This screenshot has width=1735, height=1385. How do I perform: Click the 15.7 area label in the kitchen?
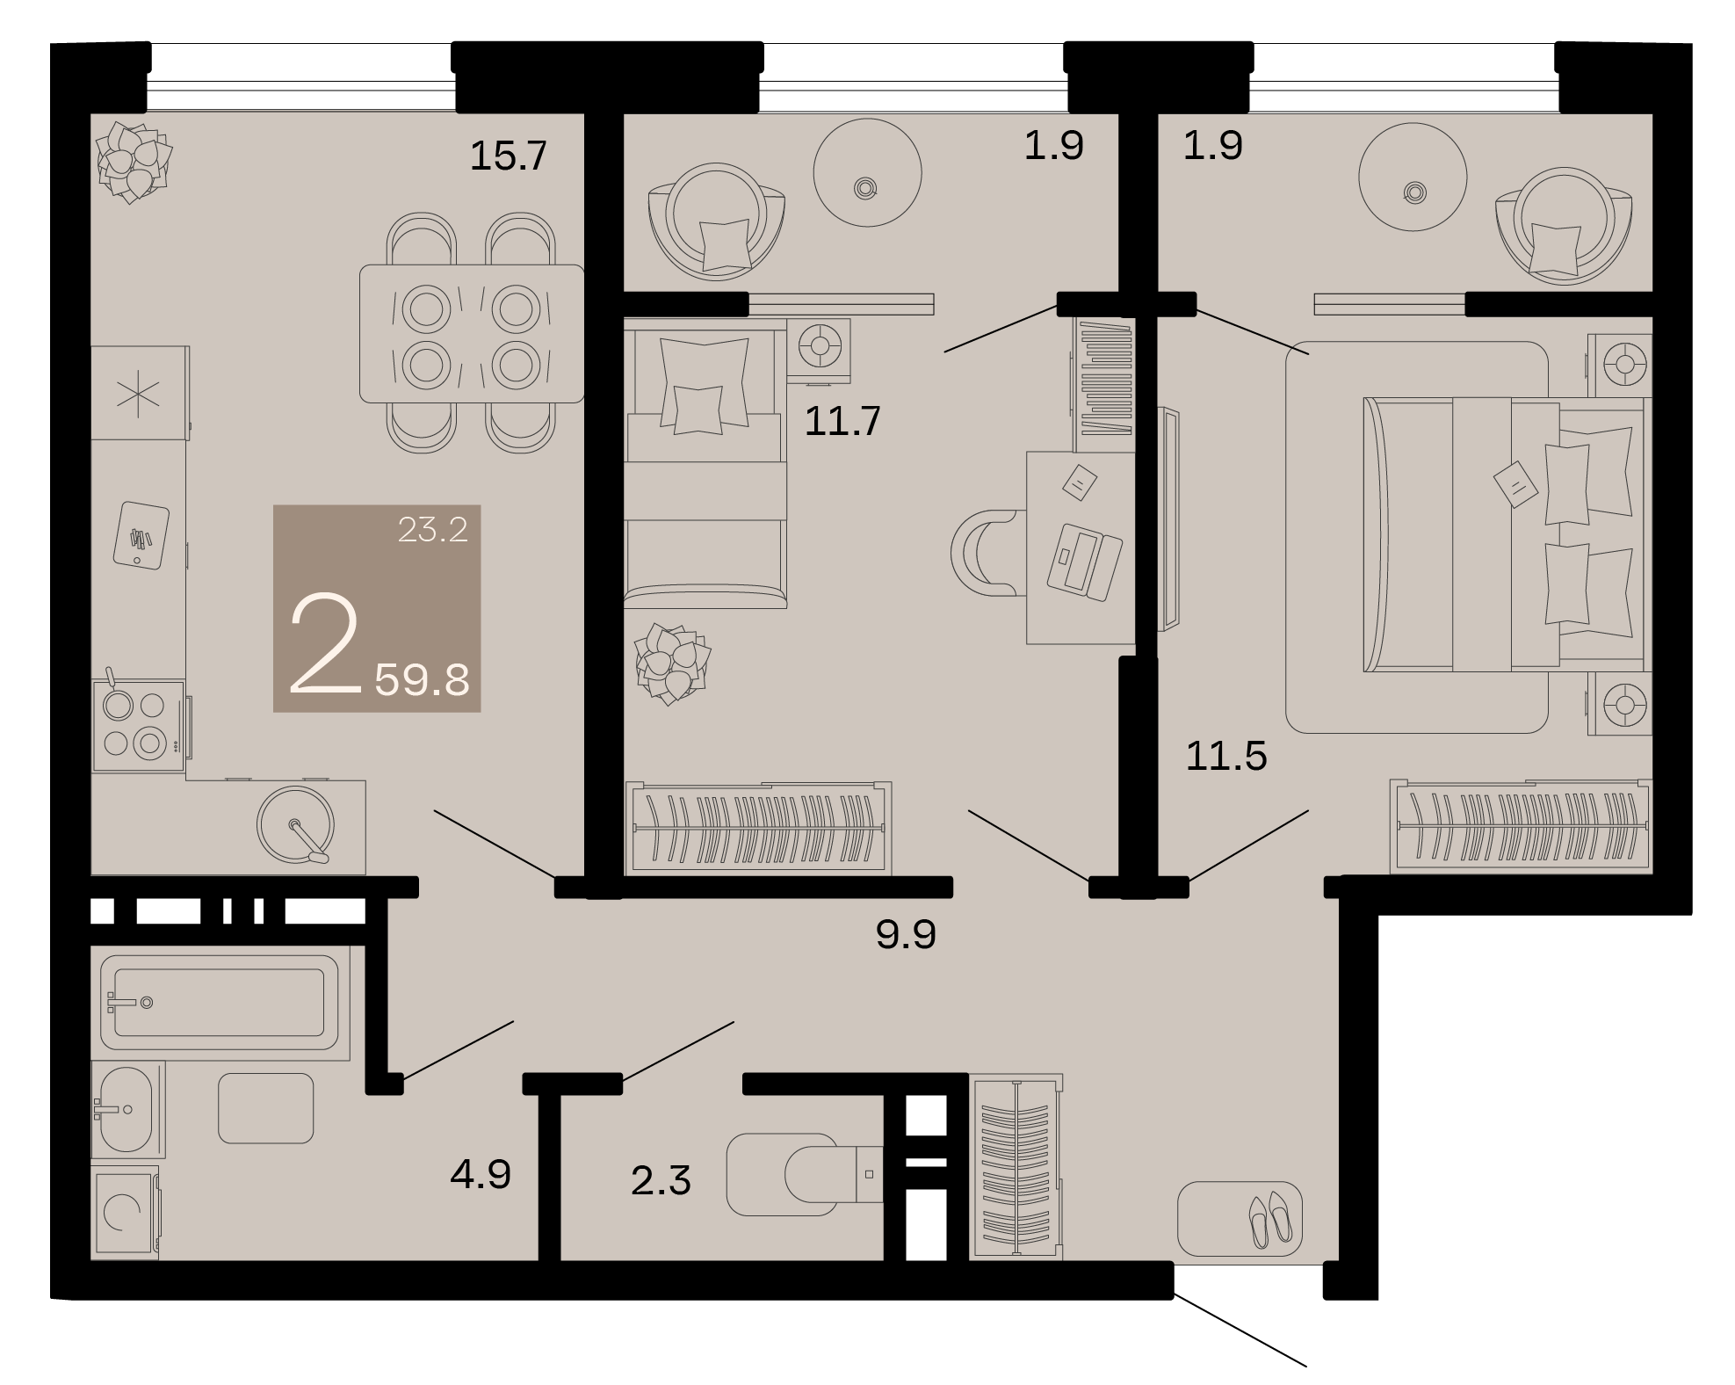(x=509, y=156)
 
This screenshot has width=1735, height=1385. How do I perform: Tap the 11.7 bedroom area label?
(x=842, y=422)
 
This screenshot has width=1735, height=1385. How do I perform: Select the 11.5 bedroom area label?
(x=1226, y=756)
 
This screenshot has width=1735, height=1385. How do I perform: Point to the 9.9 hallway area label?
(x=906, y=934)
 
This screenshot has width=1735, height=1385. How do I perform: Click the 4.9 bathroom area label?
(x=481, y=1174)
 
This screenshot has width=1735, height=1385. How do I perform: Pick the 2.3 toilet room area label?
(x=661, y=1180)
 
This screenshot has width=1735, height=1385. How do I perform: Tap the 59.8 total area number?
(x=422, y=680)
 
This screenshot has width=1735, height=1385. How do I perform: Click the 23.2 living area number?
(x=432, y=529)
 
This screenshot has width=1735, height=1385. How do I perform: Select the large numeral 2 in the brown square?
(x=325, y=646)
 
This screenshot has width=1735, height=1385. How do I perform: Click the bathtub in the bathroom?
(x=220, y=1003)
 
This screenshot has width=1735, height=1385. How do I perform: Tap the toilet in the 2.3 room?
(x=805, y=1174)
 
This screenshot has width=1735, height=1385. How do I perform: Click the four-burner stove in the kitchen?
(x=139, y=726)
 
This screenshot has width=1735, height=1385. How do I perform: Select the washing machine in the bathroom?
(x=126, y=1213)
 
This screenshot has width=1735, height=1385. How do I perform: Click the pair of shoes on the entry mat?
(x=1269, y=1220)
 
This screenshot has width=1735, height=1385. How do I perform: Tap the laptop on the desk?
(x=1084, y=562)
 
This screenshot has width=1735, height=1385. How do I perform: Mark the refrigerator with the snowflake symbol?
(x=140, y=393)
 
